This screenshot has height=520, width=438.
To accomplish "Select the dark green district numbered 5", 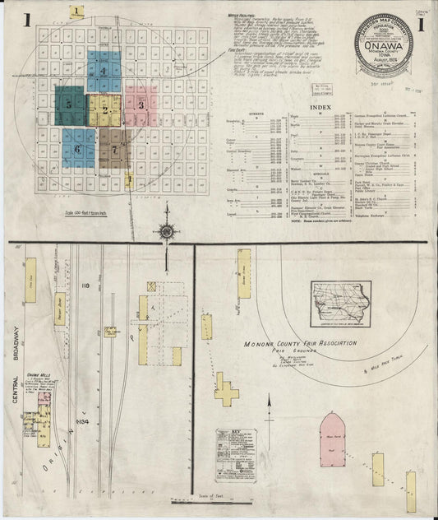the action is point(70,104).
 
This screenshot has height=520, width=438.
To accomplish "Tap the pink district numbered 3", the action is point(141,104).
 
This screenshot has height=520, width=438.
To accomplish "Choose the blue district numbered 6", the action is point(77,149).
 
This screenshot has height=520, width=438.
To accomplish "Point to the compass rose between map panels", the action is point(166,232).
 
